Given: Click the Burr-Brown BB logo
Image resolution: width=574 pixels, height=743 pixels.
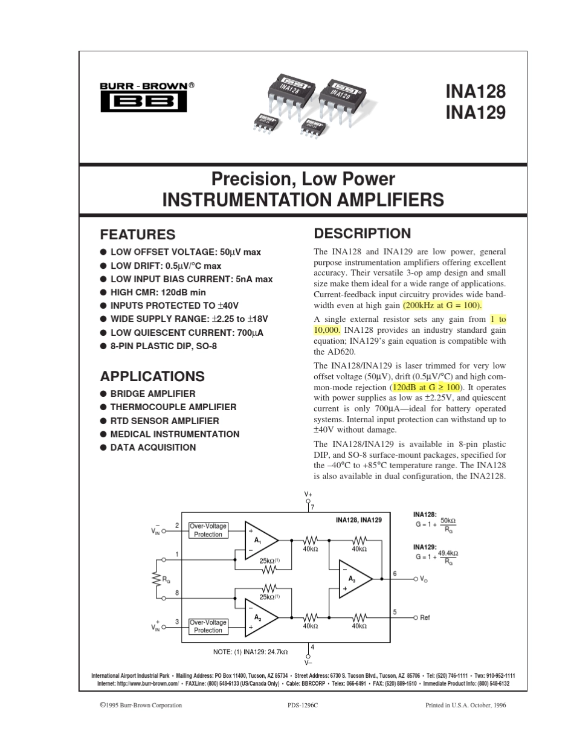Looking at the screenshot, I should click(x=143, y=102).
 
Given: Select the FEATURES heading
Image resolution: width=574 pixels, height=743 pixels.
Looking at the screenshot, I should click(x=137, y=234).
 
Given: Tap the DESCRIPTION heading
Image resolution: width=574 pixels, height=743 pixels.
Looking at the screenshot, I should click(x=362, y=234).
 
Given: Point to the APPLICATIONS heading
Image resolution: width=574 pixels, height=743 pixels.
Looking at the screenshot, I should click(x=152, y=376).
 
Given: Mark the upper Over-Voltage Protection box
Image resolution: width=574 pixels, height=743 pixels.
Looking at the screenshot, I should click(x=208, y=530).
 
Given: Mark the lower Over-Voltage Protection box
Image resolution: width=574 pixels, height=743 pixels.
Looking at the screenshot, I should click(x=208, y=626).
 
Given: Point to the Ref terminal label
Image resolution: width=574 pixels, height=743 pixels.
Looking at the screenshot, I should click(x=425, y=618).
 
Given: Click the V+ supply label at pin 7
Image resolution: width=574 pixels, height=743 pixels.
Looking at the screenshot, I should click(x=308, y=494).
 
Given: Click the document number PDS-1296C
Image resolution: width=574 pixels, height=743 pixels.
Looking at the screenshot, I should click(x=303, y=705).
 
